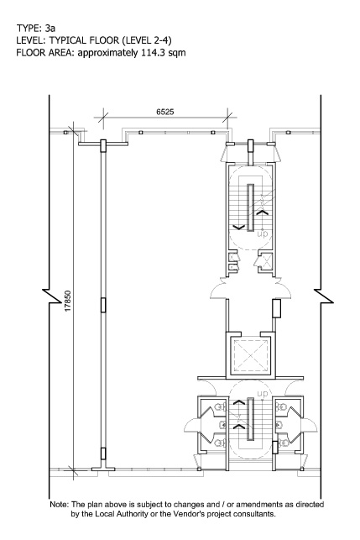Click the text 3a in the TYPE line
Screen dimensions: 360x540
(50, 28)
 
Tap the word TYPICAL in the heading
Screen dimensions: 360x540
(67, 40)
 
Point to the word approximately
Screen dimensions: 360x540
(108, 53)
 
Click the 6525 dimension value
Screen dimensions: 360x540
(165, 112)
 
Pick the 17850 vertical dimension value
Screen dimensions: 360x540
(67, 301)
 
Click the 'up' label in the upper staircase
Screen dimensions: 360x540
(263, 234)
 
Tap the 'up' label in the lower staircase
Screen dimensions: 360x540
(263, 393)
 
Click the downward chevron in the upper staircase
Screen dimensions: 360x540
(239, 227)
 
